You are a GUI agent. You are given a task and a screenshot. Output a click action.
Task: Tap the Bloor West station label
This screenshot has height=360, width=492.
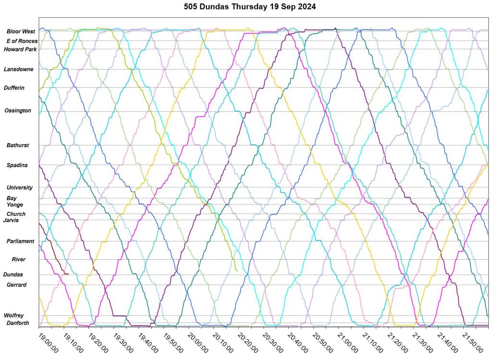(21, 32)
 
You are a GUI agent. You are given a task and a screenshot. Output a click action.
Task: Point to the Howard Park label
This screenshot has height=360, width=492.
(20, 49)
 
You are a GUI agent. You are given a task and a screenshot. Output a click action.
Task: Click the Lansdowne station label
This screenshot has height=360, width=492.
(19, 70)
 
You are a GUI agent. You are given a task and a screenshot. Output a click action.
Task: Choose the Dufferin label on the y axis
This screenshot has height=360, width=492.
(14, 88)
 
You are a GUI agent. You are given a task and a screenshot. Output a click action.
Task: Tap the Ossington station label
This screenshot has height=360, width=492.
(18, 111)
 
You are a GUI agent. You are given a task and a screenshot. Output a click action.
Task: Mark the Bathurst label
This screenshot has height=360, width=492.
(18, 145)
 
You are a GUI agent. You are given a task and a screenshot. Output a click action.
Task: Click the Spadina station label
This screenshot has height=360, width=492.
(17, 166)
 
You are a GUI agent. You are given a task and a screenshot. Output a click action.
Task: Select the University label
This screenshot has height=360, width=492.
(20, 188)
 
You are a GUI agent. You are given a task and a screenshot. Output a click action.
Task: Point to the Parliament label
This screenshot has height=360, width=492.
(20, 241)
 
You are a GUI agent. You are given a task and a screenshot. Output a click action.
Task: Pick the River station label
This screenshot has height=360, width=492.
(19, 260)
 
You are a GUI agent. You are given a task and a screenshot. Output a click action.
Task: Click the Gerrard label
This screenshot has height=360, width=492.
(16, 285)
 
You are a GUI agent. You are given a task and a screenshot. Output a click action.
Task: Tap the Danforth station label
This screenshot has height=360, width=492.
(18, 324)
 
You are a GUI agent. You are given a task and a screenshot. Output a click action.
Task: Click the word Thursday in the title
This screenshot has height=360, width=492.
(250, 7)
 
